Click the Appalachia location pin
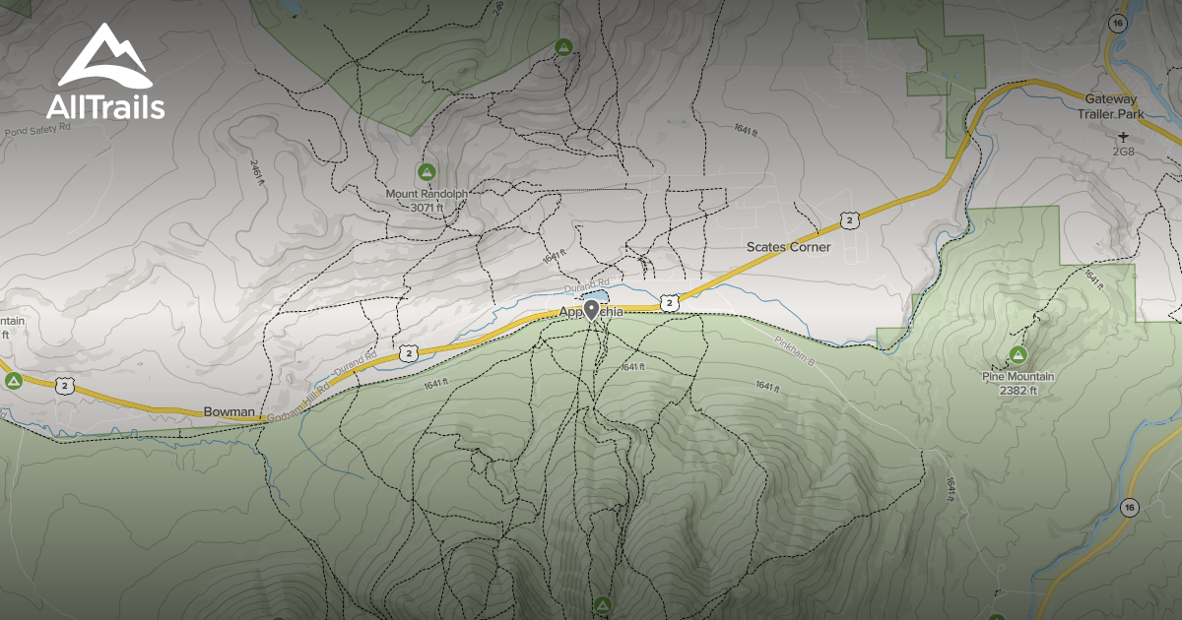[x=591, y=311]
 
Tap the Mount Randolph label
[x=427, y=195]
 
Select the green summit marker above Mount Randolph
[x=427, y=171]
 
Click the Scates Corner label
[x=788, y=247]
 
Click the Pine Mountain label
[x=1018, y=377]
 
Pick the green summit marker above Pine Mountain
[x=1018, y=354]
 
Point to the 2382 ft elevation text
[x=1018, y=390]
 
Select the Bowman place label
[x=230, y=411]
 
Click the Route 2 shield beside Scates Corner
[x=848, y=217]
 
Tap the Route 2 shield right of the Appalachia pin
[x=670, y=303]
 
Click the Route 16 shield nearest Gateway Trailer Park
[x=1116, y=23]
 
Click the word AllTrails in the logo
[x=104, y=106]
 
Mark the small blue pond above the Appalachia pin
[x=596, y=295]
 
